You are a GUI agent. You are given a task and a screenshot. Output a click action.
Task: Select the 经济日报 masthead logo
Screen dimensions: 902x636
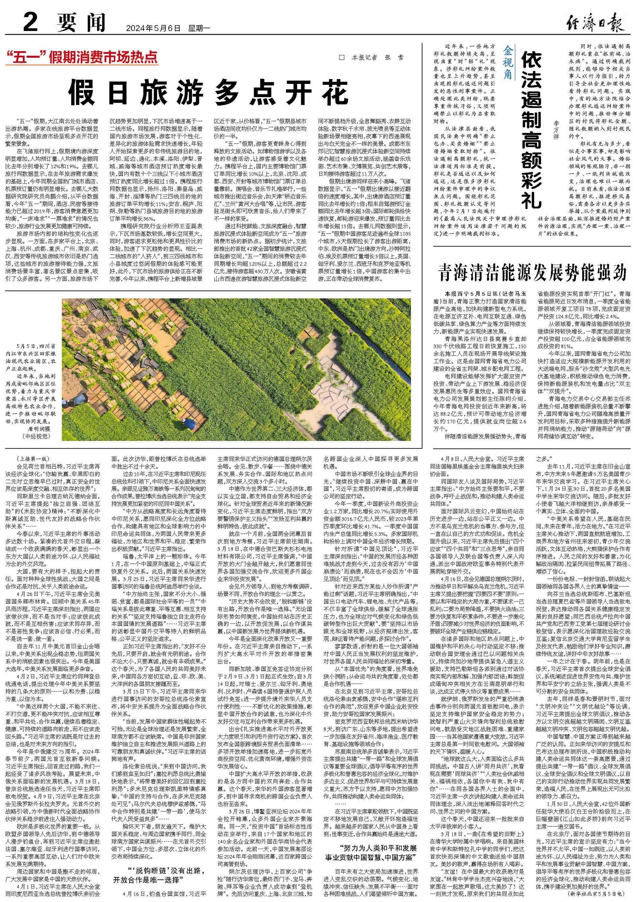(x=595, y=23)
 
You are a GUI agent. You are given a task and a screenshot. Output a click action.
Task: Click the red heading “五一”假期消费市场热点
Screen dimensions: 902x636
(x=81, y=58)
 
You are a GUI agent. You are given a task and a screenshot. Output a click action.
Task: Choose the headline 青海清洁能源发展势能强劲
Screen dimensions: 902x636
(x=532, y=273)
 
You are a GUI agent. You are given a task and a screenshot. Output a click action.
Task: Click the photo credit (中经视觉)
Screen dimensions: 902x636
(x=36, y=436)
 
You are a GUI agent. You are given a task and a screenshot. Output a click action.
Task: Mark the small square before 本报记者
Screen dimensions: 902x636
(x=341, y=58)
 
